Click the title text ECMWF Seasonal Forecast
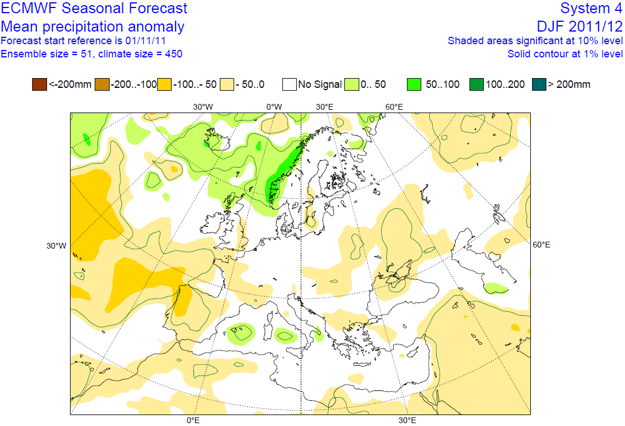click(x=94, y=9)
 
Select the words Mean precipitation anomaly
click(x=92, y=26)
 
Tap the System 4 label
click(x=591, y=9)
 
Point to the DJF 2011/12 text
click(x=579, y=26)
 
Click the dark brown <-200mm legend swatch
click(x=40, y=84)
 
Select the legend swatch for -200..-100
click(x=102, y=84)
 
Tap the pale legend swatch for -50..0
click(x=227, y=84)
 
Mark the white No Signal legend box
click(x=289, y=84)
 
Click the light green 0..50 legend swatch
click(x=351, y=84)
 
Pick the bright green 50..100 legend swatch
click(x=415, y=84)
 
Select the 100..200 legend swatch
click(x=476, y=84)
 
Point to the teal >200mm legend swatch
click(x=539, y=84)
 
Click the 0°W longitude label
click(x=274, y=107)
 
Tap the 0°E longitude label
click(x=193, y=421)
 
